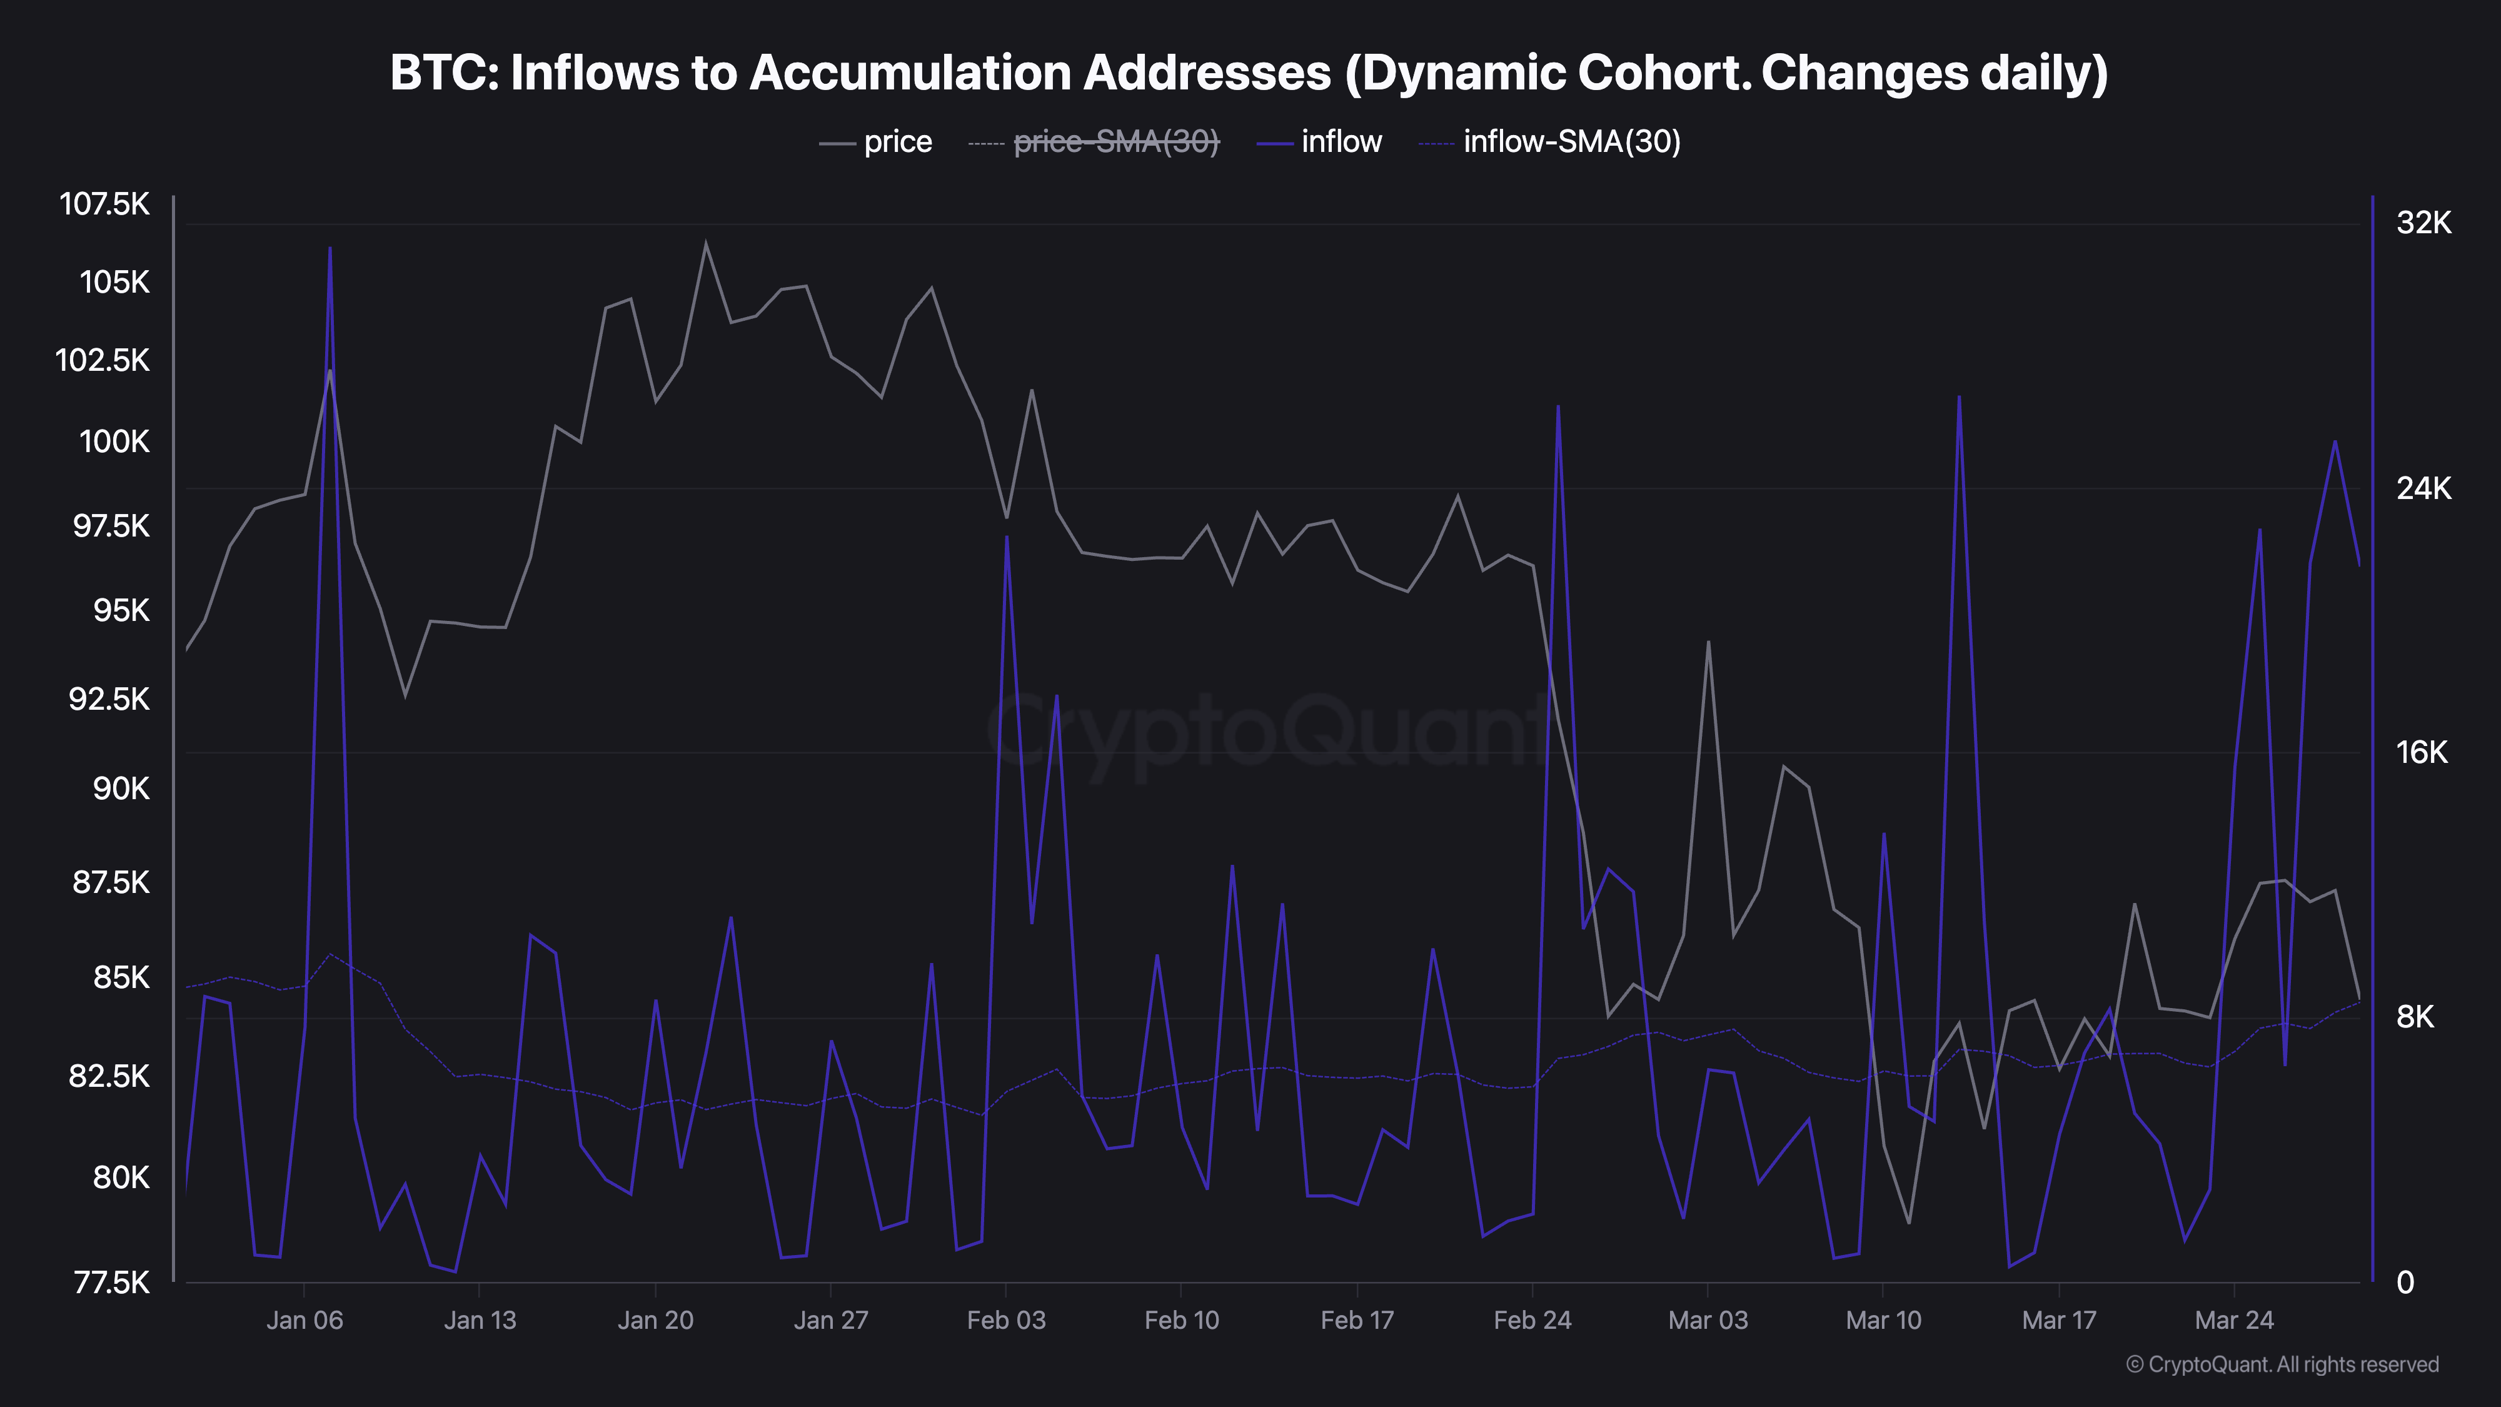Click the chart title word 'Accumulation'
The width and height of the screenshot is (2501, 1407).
(1040, 73)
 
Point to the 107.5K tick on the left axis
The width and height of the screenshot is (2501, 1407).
(105, 204)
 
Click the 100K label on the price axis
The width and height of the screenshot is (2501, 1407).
(114, 442)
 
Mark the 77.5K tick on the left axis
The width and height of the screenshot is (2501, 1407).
(112, 1283)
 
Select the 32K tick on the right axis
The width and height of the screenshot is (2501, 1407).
(2423, 223)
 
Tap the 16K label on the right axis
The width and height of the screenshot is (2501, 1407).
(2422, 752)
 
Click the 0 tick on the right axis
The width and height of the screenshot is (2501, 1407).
(2405, 1283)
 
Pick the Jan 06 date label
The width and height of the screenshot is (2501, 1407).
(305, 1321)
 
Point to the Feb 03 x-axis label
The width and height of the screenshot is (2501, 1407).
(1006, 1321)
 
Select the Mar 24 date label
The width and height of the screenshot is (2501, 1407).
(2234, 1321)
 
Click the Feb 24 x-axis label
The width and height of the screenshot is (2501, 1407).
(1532, 1321)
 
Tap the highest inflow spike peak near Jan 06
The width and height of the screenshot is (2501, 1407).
(330, 249)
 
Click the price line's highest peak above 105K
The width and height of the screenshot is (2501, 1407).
(706, 243)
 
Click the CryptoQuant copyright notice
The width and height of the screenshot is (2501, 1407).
(2282, 1364)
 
